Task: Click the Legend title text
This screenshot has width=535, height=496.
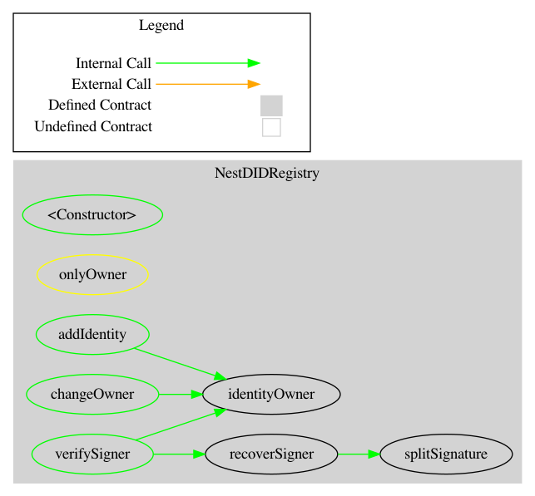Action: coord(161,25)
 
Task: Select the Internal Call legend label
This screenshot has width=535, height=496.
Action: coord(113,63)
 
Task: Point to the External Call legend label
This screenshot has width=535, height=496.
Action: coord(111,84)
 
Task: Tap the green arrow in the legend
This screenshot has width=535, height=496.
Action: coord(208,63)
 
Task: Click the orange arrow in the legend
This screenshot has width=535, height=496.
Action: coord(208,84)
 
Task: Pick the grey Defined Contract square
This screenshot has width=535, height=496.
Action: coord(271,106)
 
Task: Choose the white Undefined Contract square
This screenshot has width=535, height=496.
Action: coord(271,127)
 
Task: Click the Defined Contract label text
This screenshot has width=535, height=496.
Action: coord(100,106)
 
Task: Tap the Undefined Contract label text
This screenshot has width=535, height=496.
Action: coord(93,127)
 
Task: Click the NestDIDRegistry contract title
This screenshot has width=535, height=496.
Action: coord(267,174)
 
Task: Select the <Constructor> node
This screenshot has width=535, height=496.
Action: coord(92,215)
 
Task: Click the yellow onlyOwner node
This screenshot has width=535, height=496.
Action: coord(92,275)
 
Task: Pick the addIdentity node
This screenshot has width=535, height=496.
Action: coord(92,335)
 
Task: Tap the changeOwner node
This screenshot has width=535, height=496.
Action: coord(92,395)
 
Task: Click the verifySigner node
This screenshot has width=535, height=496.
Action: coord(92,454)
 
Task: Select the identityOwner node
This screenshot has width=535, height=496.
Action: coord(271,395)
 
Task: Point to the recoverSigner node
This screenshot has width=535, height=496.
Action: coord(271,454)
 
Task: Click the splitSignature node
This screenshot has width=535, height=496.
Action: coord(445,454)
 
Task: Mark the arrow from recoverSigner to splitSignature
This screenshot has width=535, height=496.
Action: coord(359,454)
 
